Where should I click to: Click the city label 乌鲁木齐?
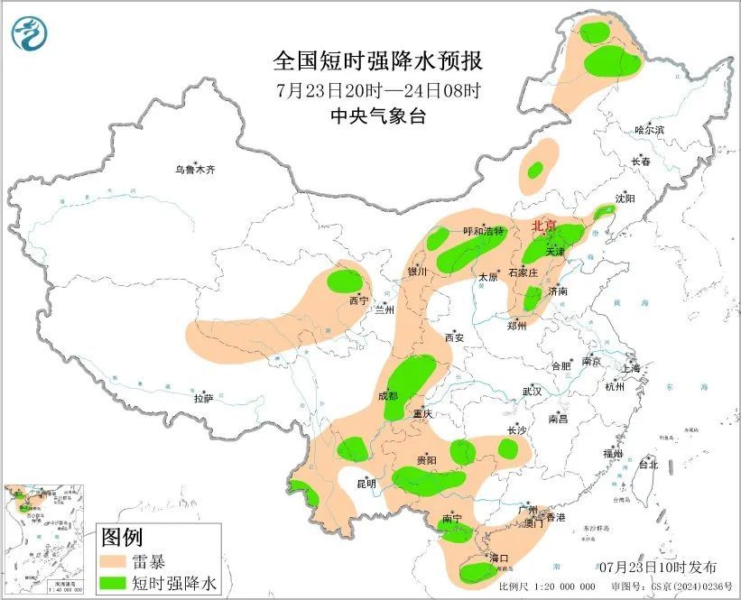point(195,169)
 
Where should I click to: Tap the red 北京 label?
point(544,226)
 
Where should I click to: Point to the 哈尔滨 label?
point(649,131)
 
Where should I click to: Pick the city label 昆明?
point(366,485)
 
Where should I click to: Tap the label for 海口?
point(498,558)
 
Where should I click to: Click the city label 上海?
point(630,368)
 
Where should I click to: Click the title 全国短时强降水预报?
point(378,61)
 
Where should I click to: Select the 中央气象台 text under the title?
point(378,115)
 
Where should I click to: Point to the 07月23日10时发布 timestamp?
point(658,568)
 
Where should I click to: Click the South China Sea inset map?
point(45,540)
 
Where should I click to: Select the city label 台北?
point(648,466)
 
